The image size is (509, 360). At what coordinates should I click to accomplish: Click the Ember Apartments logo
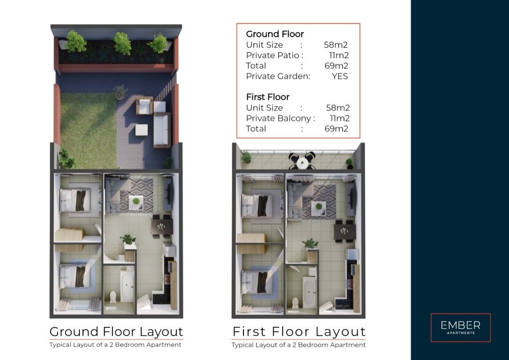coord(461,327)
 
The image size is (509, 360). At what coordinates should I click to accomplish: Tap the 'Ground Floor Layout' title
coord(116,332)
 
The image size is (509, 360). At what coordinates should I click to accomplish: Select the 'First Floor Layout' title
coord(299,332)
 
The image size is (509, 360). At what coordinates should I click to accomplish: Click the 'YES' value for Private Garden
coord(340,76)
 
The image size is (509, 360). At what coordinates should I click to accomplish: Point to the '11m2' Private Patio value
coord(339,55)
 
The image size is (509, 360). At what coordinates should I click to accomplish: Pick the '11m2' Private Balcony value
coord(340,118)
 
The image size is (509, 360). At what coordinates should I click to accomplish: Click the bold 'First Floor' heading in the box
coord(268,97)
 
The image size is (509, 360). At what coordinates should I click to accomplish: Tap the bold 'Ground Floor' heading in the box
coord(275,34)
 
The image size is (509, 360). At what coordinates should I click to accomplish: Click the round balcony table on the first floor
coord(302,162)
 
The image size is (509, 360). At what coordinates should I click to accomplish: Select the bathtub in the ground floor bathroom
coord(126,286)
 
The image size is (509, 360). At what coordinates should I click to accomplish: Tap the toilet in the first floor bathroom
coord(296,302)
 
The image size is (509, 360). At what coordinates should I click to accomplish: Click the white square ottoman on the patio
coord(141,130)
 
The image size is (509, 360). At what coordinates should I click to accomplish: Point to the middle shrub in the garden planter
coord(122,43)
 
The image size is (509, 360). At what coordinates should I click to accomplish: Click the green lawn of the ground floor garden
coord(88,130)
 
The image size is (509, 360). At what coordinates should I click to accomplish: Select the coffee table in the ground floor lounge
coord(136,202)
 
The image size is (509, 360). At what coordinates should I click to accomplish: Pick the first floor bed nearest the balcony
coord(257,205)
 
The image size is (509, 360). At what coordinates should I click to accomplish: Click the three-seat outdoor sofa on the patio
coord(162,130)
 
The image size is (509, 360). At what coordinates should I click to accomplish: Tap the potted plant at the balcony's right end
coord(349,164)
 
